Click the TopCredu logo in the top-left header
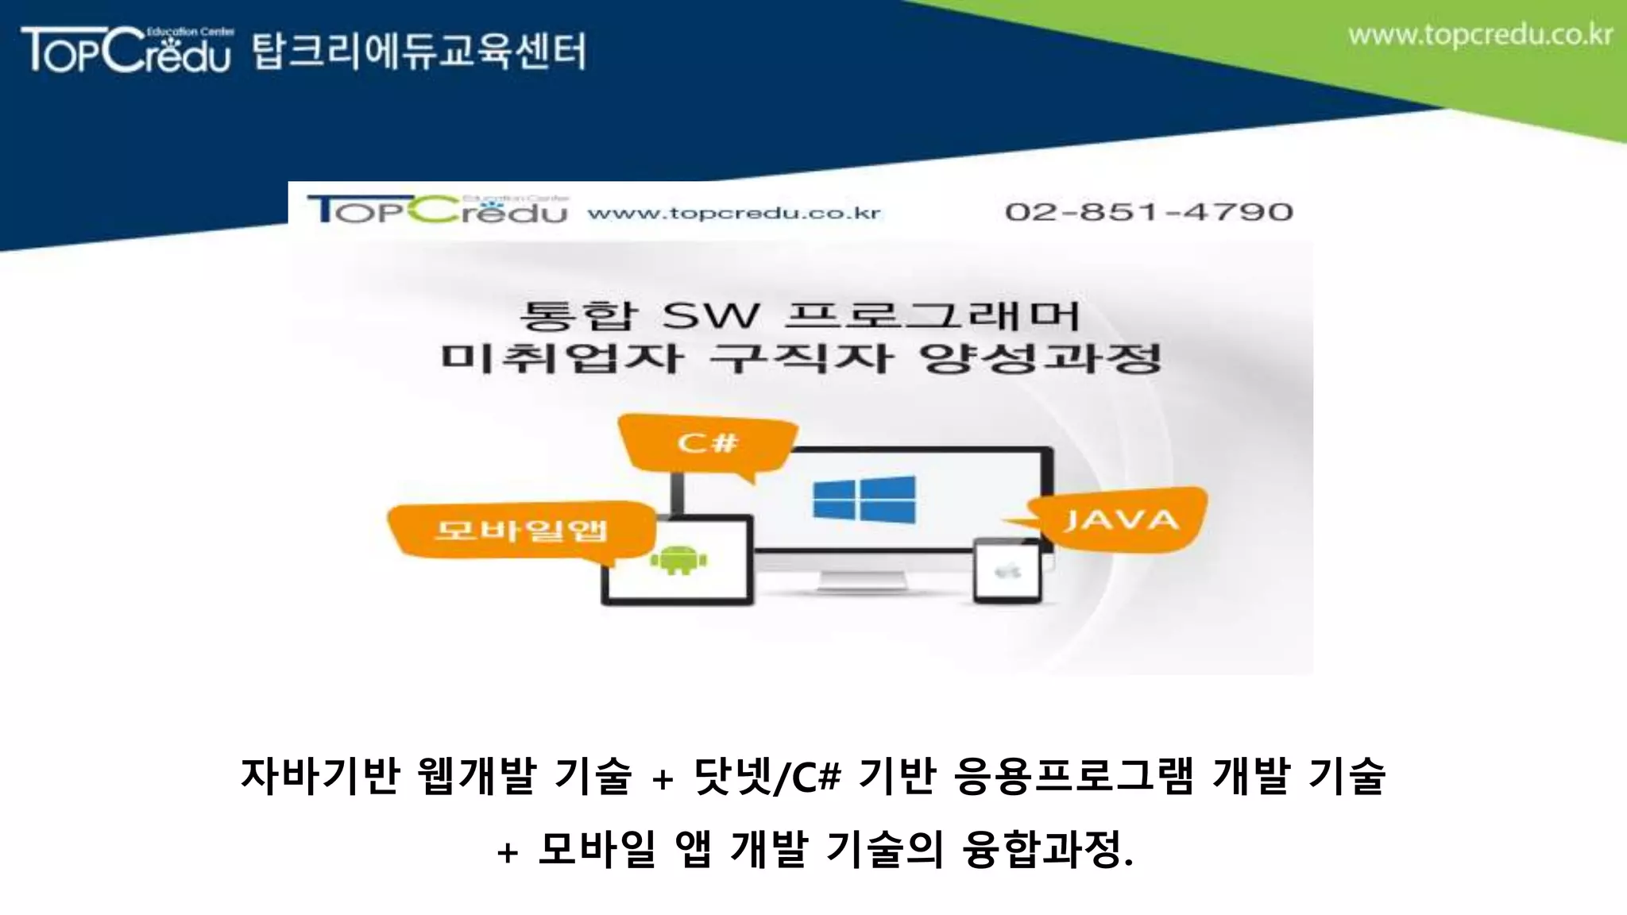(127, 49)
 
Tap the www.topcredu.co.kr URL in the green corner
(1480, 36)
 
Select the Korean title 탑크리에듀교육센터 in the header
(419, 52)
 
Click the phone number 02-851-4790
(1149, 212)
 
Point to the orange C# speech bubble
(708, 443)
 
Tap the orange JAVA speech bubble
(1120, 520)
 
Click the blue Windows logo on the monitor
(864, 500)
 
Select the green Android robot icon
(678, 560)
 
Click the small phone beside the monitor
(1007, 571)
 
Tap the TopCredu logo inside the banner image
(438, 210)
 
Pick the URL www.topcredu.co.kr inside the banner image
(734, 213)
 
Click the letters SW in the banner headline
(710, 316)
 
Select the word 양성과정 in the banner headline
(1041, 359)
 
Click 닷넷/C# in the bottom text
(767, 775)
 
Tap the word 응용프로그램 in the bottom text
(1073, 775)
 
